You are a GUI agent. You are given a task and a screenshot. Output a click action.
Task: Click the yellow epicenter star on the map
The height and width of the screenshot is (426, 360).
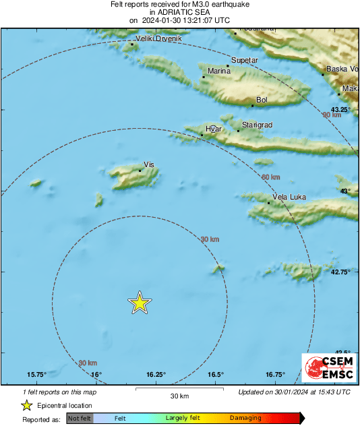coord(139,303)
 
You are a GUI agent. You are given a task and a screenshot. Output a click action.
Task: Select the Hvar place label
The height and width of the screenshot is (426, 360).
coord(213,129)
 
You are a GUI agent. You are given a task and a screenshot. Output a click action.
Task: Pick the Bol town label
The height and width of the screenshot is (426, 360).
coord(262,100)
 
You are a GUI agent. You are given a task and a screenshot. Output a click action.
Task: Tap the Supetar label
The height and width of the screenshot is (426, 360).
coord(244,61)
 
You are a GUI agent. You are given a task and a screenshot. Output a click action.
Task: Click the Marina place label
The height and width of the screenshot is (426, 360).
coord(219,71)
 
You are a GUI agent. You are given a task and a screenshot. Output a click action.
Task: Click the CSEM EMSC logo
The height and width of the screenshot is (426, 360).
coord(326,369)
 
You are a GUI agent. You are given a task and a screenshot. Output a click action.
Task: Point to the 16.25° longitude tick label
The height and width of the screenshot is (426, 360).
coord(156,375)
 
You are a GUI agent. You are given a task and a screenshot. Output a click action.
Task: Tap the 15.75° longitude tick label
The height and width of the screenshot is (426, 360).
coord(36,375)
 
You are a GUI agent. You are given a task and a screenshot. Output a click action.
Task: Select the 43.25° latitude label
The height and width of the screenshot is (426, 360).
coord(342,109)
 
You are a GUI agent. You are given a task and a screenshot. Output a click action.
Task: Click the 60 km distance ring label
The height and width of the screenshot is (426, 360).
coord(270,177)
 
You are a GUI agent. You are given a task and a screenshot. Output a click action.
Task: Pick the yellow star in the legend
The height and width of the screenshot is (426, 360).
coord(26,405)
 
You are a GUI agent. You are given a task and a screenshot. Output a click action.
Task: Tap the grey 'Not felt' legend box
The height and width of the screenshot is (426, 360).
coord(79,419)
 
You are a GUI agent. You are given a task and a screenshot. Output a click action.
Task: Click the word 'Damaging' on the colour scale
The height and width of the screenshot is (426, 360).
coord(245,419)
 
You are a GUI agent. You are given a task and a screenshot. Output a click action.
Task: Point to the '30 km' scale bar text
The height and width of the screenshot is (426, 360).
coord(179,396)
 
